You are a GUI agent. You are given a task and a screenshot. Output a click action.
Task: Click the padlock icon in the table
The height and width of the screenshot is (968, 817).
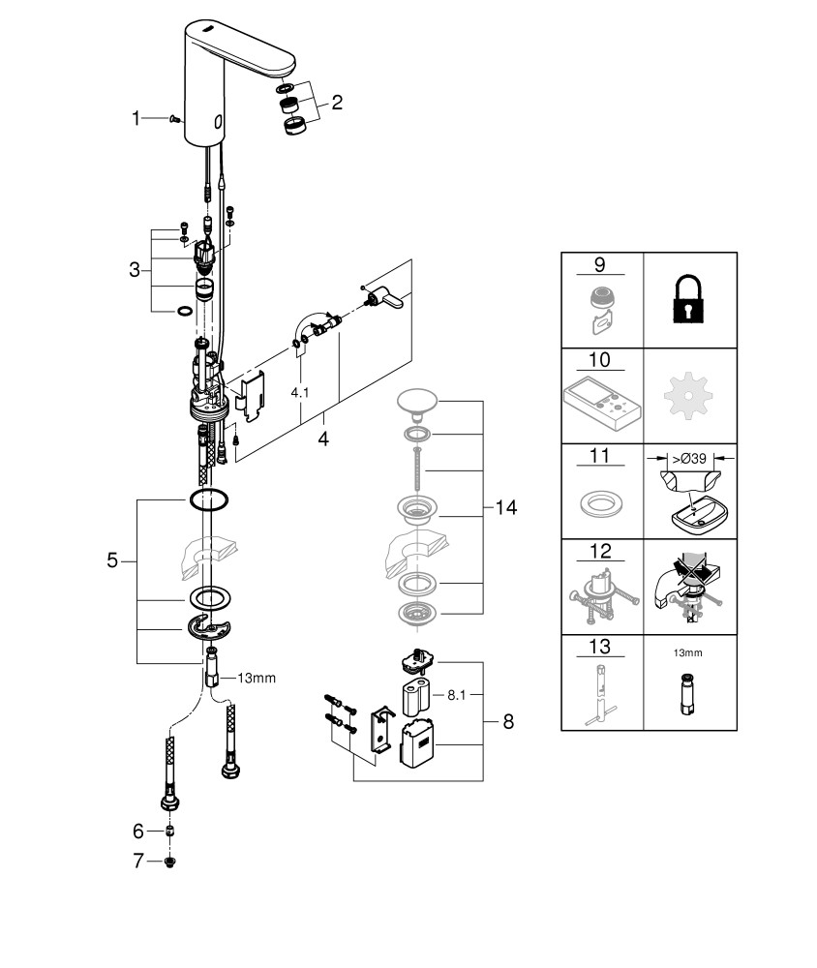[x=688, y=299]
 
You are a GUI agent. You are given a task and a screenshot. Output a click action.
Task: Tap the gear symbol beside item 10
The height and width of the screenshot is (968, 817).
[x=688, y=395]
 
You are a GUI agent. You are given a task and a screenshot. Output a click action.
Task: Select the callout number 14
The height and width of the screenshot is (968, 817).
[x=505, y=507]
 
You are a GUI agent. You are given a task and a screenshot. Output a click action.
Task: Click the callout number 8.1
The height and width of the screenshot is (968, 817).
[x=456, y=695]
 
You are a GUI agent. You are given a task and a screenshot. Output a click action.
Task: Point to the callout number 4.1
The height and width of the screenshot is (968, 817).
[x=300, y=393]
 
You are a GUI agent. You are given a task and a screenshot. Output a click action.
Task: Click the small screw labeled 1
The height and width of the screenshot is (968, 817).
[x=173, y=118]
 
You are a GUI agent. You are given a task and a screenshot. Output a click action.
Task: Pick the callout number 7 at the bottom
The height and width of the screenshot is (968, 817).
[x=138, y=861]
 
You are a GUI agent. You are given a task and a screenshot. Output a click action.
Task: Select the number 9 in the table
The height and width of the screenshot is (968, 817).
[x=599, y=264]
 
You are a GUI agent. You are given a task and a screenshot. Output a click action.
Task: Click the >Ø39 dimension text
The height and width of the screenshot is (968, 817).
[x=689, y=459]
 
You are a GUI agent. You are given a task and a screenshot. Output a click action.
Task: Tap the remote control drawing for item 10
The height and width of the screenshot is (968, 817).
[x=602, y=403]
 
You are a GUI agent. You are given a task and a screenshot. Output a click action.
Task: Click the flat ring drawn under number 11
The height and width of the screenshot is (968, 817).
[x=600, y=502]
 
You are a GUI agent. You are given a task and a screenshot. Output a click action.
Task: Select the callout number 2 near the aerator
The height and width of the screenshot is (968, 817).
[x=337, y=103]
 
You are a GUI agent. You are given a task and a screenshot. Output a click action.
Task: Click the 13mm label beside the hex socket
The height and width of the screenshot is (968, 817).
[x=257, y=679]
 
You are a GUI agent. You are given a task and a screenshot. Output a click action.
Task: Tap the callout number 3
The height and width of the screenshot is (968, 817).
[x=135, y=270]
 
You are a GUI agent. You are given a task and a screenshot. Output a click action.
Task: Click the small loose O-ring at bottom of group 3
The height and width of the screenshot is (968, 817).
[x=184, y=311]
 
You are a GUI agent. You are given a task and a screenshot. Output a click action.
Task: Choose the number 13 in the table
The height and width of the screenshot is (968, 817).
[x=599, y=647]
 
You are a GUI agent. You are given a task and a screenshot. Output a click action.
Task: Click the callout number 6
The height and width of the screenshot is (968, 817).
[x=138, y=832]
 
